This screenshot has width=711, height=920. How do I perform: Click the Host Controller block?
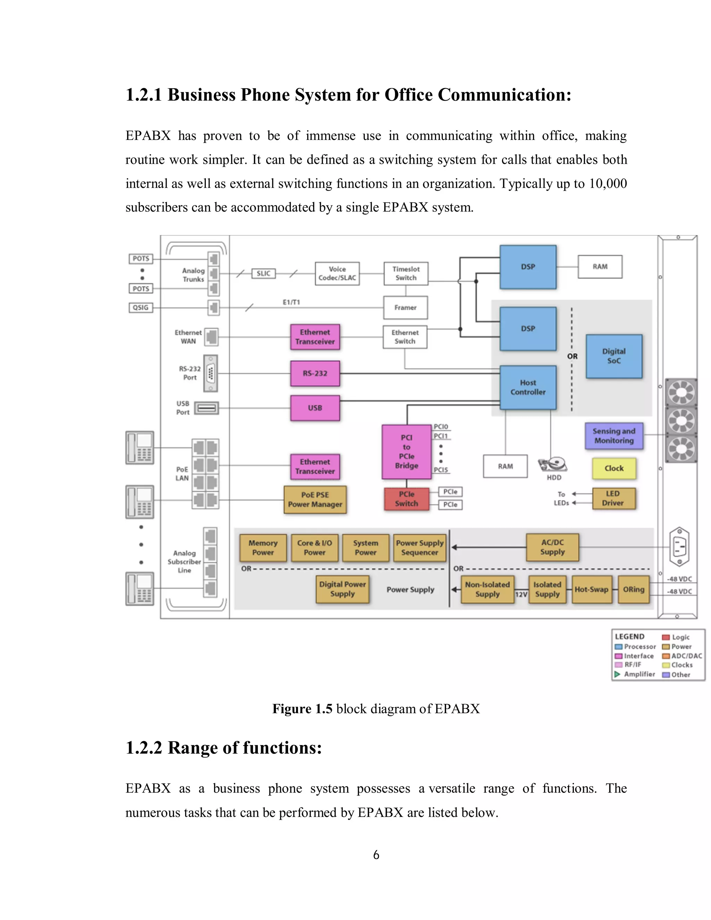528,387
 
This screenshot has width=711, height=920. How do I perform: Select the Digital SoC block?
614,356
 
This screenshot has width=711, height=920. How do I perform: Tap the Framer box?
405,308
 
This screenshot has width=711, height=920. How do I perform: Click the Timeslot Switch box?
405,273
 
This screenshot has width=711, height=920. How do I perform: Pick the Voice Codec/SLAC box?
337,273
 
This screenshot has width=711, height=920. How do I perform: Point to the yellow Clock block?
614,468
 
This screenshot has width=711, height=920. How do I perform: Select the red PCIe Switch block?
407,499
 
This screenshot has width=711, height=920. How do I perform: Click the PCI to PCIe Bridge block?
407,452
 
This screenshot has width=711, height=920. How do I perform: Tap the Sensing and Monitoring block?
614,436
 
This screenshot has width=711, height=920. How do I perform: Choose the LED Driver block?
613,498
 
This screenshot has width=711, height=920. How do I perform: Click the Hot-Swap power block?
591,589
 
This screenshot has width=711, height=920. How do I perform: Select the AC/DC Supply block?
552,547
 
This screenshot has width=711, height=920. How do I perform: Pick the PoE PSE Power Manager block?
315,500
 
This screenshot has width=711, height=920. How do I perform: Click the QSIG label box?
141,308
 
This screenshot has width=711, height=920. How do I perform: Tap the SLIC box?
263,273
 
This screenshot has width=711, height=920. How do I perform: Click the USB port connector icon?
207,408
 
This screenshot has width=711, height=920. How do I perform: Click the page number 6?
376,855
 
